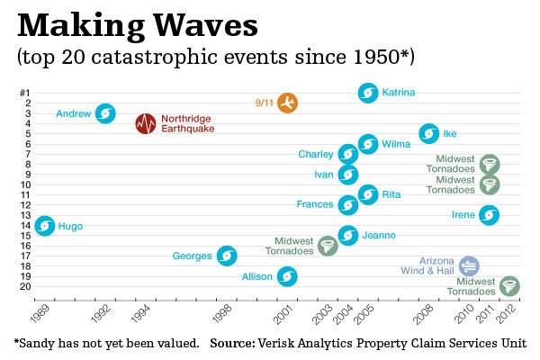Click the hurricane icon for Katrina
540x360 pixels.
point(367,93)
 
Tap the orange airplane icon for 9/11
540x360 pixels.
point(287,103)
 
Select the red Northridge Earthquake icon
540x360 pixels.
point(146,123)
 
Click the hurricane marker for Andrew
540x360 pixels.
point(105,113)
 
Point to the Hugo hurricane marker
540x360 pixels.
point(44,226)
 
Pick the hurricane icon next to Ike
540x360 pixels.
point(429,134)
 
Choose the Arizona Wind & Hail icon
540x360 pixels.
point(469,265)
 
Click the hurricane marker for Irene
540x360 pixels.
point(489,215)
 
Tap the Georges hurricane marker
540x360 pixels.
point(227,256)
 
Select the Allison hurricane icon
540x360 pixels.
point(287,276)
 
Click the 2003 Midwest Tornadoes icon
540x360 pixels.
point(328,246)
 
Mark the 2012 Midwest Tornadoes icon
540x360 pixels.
point(509,286)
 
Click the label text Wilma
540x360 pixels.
point(397,144)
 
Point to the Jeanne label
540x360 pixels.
point(380,236)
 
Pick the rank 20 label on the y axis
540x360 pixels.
point(26,286)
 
